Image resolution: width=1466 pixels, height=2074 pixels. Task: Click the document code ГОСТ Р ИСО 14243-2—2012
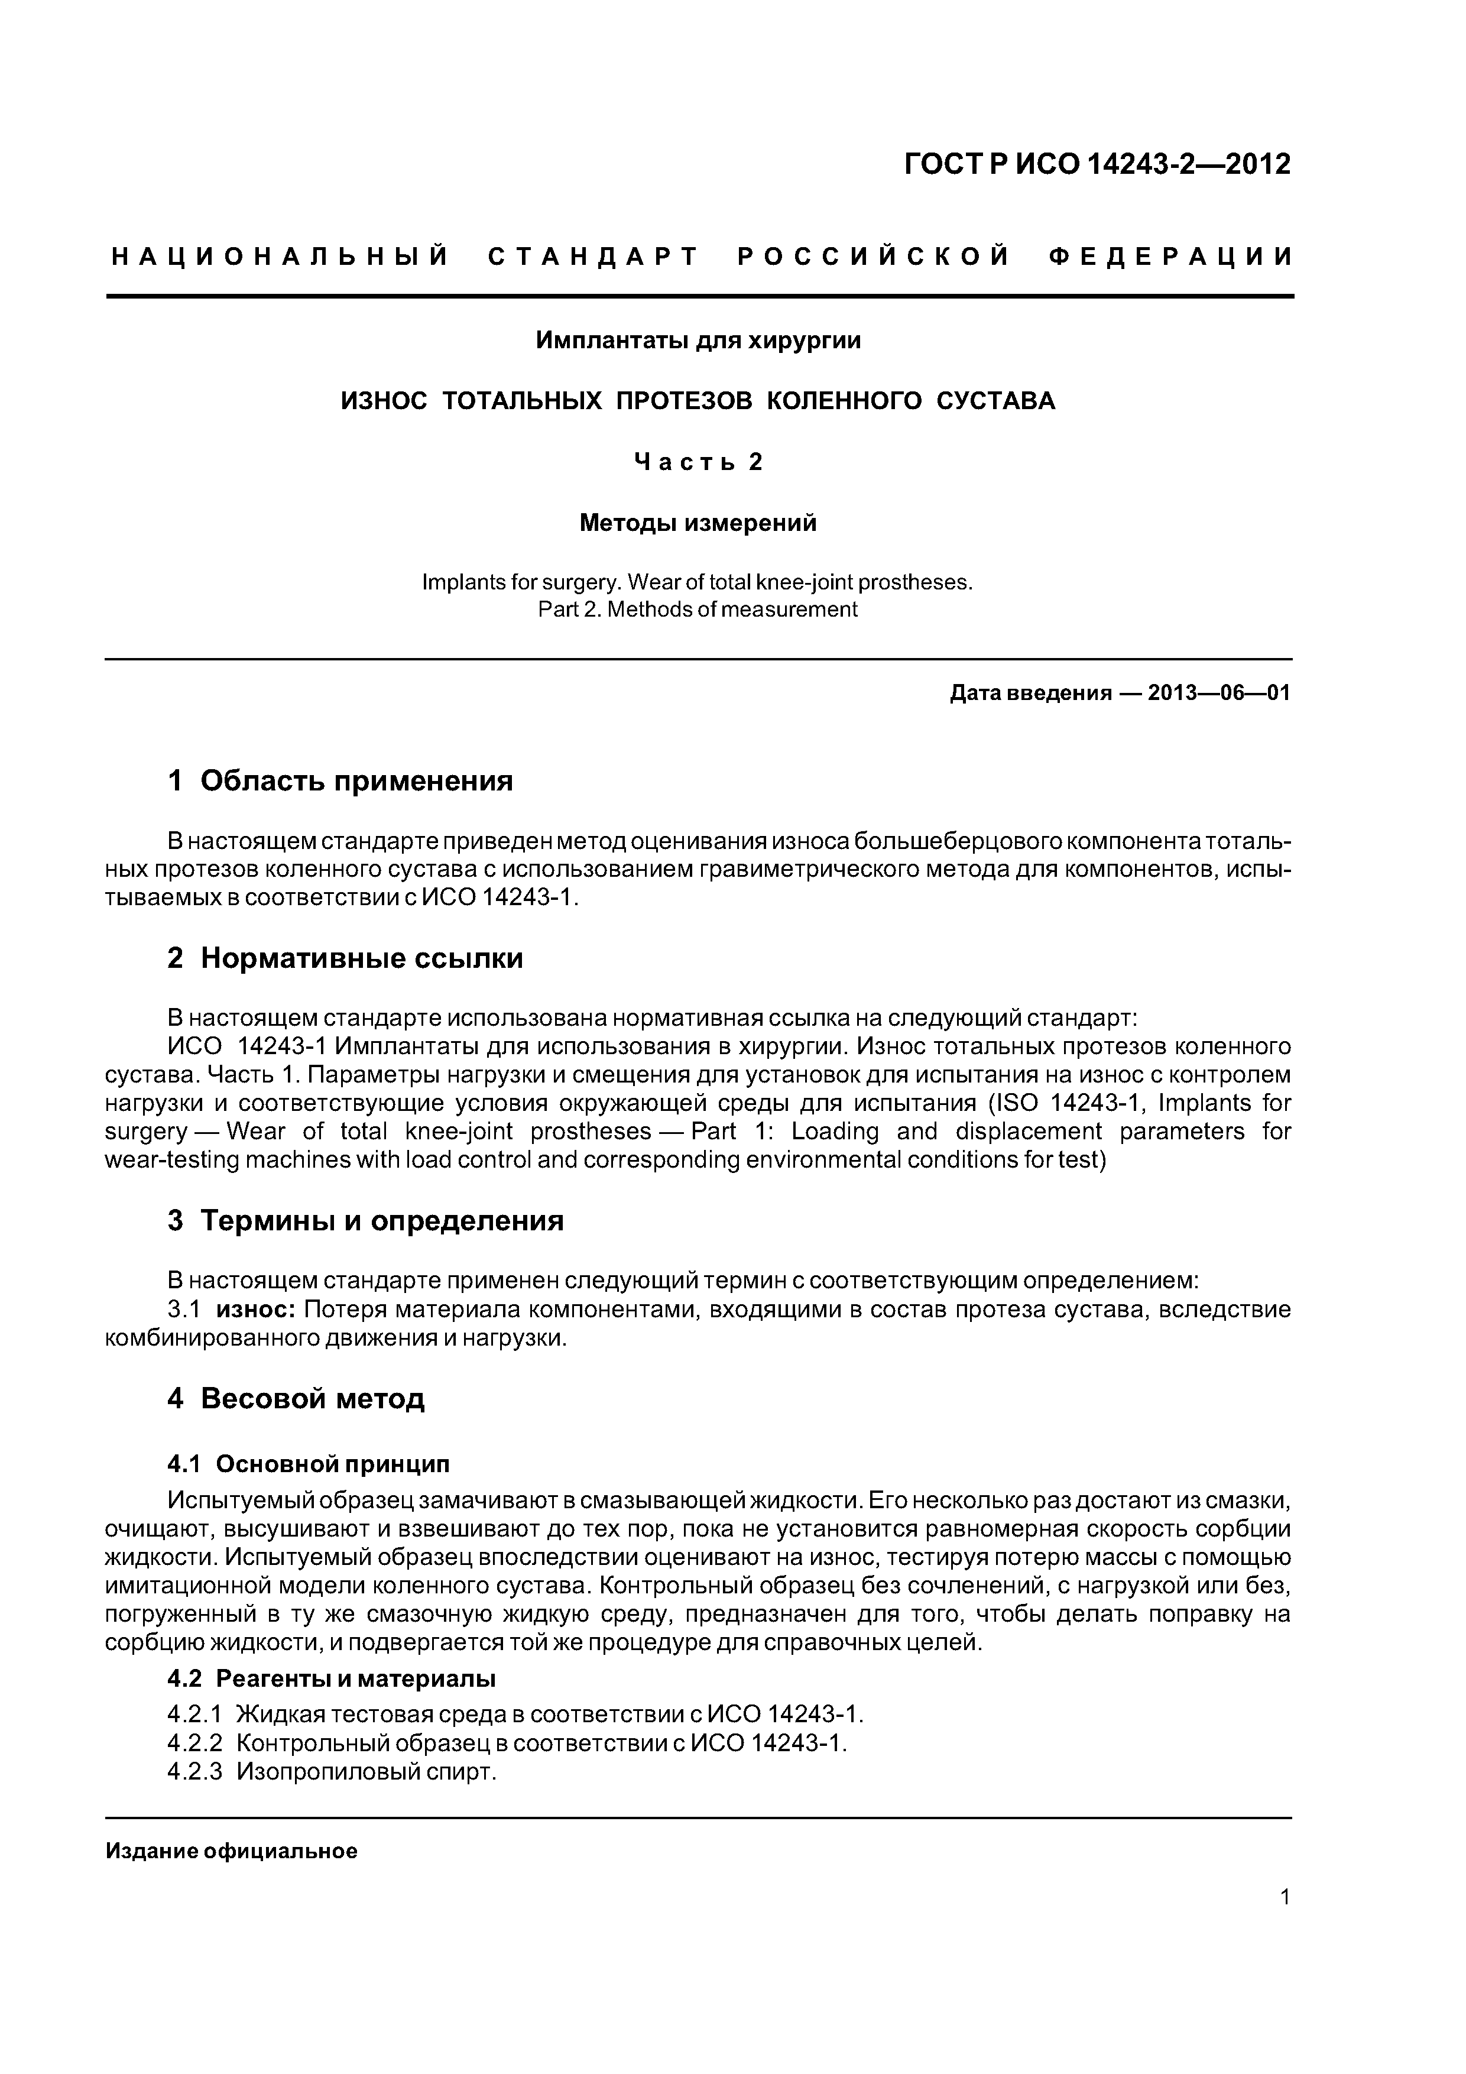point(1098,164)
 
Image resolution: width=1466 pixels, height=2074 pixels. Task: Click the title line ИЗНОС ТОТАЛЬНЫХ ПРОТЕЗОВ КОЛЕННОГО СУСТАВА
point(698,401)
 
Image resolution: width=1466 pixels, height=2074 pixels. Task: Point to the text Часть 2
point(698,462)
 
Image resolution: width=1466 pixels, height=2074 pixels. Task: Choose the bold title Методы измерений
point(698,523)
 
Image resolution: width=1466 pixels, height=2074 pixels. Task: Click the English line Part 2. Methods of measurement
point(698,610)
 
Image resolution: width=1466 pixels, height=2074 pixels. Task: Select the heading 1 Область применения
point(340,780)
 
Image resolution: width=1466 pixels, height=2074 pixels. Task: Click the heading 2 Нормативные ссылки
point(345,958)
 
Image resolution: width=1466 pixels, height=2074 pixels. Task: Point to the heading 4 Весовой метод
point(296,1398)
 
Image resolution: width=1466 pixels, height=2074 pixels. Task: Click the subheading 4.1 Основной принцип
point(308,1463)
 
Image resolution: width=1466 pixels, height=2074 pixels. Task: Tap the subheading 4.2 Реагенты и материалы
point(332,1678)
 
